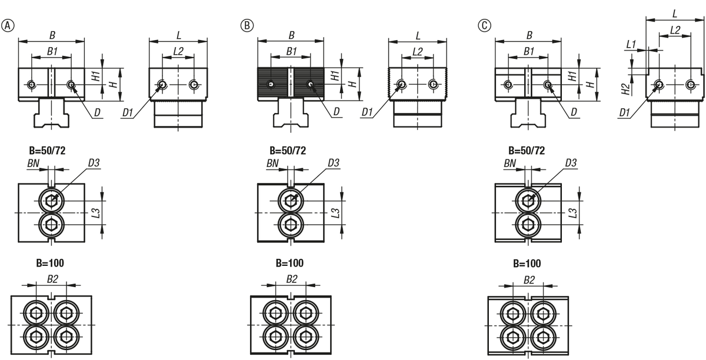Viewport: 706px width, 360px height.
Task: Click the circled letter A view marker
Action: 8,25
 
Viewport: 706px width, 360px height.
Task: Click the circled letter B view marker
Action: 247,25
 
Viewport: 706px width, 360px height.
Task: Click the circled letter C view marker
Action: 484,25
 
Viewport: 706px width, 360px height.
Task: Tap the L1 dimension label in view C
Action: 631,44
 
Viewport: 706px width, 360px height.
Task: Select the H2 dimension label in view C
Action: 625,89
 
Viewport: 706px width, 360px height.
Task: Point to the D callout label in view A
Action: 98,112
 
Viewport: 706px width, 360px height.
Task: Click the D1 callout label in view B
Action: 367,112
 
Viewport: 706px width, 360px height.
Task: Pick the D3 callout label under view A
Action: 94,163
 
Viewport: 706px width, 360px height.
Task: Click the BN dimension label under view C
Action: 509,163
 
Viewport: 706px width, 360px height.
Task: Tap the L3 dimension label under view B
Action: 336,213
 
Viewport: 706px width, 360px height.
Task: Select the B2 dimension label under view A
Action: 52,279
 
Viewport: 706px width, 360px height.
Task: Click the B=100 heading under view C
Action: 527,264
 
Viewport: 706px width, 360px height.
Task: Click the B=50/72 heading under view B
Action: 288,151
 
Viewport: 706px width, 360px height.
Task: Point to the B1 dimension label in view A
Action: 52,51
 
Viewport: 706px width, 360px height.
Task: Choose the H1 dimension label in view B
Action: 335,76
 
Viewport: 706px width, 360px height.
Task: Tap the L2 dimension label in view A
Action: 178,51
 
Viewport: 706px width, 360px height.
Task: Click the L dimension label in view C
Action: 675,14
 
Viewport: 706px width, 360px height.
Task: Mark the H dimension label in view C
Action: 590,84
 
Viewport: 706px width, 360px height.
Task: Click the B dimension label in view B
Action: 292,35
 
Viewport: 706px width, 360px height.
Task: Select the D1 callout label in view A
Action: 128,112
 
